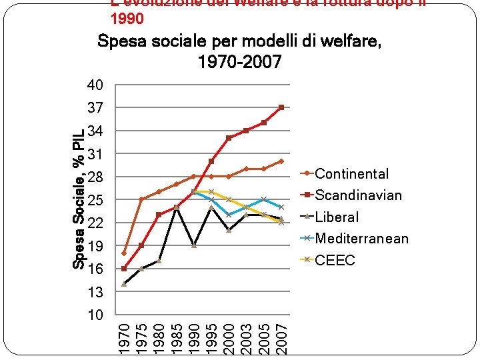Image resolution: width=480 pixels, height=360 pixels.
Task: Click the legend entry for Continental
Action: [351, 174]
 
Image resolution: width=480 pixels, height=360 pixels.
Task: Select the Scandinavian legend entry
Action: [358, 195]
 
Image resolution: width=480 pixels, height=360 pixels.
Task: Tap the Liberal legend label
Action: [337, 217]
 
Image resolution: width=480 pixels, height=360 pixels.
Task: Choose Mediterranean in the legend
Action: [361, 239]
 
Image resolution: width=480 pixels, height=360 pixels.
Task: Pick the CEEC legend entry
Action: [335, 260]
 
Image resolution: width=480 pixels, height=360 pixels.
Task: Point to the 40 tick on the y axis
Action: [95, 85]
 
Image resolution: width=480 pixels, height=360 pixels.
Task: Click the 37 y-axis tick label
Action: [95, 108]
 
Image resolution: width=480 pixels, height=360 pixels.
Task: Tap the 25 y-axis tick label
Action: [95, 200]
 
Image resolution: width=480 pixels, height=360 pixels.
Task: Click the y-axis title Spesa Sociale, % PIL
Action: [79, 200]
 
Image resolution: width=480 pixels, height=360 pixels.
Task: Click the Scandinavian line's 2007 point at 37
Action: [281, 107]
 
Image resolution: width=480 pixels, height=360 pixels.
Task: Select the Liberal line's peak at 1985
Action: [177, 208]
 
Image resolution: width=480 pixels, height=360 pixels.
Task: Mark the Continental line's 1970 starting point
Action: [125, 253]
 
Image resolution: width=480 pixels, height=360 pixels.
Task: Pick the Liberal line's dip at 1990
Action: [194, 245]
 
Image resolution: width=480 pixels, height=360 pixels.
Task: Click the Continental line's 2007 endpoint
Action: [281, 161]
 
